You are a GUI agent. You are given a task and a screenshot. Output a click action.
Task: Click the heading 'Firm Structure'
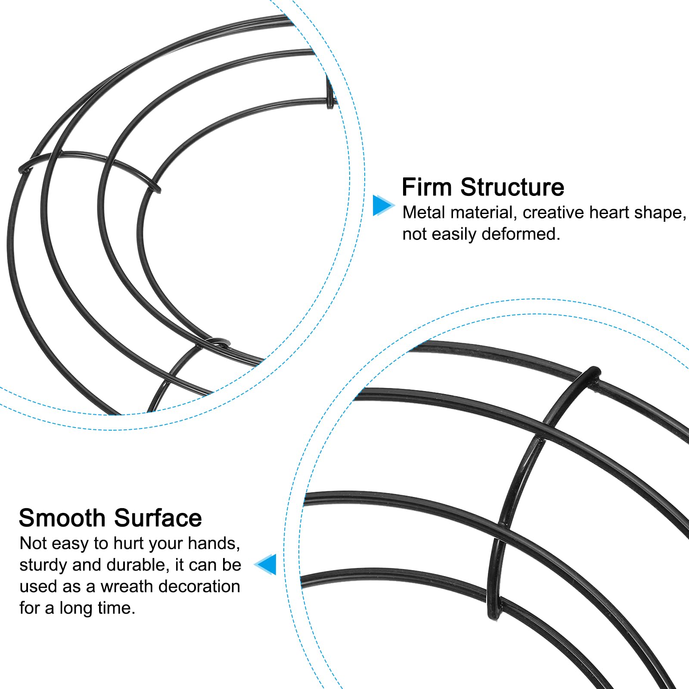click(x=483, y=187)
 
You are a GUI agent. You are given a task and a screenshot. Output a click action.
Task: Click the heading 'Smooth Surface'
click(x=110, y=518)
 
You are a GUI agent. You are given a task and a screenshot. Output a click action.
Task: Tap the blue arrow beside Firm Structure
click(x=383, y=205)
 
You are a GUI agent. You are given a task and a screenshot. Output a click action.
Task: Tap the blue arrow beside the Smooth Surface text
click(x=265, y=564)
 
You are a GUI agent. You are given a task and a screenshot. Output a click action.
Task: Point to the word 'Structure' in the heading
click(x=512, y=187)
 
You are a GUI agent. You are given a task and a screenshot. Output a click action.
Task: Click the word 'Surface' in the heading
click(x=158, y=518)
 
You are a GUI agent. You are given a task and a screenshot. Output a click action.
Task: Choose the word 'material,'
click(x=484, y=213)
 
